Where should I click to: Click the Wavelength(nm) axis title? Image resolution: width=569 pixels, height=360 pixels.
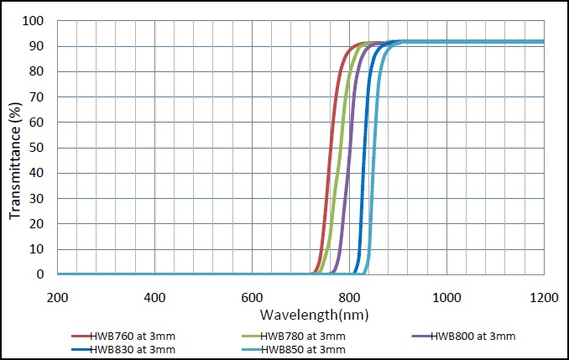(x=313, y=316)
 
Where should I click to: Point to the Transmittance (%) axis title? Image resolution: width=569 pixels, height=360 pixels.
(x=15, y=150)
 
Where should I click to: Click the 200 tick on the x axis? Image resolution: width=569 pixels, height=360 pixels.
(x=57, y=297)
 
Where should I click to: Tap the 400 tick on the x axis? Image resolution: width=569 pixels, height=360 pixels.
(x=154, y=297)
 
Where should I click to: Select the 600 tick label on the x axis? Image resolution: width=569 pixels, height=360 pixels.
(x=252, y=297)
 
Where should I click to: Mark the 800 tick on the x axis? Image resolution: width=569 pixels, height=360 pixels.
(x=349, y=297)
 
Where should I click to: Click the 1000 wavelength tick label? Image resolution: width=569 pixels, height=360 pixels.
(x=446, y=297)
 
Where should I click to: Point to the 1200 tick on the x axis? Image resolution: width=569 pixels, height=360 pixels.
(x=544, y=297)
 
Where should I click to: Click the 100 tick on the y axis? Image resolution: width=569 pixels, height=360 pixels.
(x=33, y=21)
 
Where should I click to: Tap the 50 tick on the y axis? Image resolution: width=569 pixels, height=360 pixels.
(x=36, y=148)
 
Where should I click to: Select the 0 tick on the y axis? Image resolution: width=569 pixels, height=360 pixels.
(x=39, y=274)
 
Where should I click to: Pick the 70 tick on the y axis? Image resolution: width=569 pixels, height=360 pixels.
(x=36, y=97)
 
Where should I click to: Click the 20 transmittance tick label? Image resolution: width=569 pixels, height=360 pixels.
(x=36, y=224)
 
